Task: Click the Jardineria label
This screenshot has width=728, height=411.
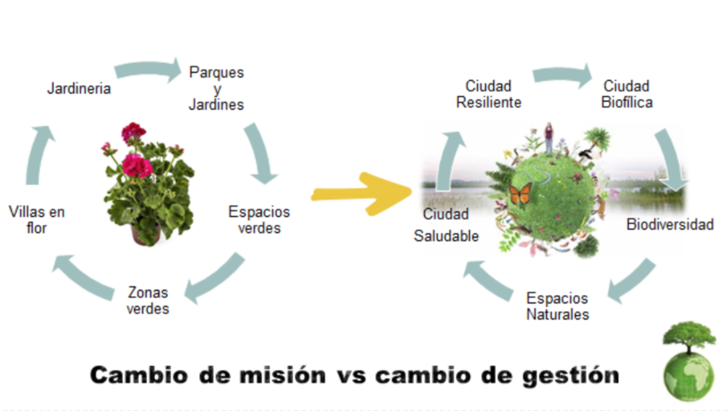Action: click(x=78, y=89)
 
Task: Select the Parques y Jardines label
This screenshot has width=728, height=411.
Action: click(x=216, y=88)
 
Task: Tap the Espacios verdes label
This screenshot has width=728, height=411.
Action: click(x=259, y=220)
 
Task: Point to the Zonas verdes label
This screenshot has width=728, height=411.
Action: click(x=147, y=300)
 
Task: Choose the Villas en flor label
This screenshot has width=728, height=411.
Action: click(x=37, y=220)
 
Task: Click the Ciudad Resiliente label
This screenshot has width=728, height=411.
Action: click(x=488, y=94)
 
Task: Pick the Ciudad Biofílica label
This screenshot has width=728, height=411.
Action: click(x=626, y=94)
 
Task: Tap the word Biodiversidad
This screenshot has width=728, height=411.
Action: click(x=670, y=225)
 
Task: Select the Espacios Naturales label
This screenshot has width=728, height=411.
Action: click(x=557, y=306)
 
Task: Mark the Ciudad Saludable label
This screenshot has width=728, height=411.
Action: click(x=446, y=226)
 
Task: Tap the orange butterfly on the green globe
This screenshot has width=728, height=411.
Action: click(x=520, y=196)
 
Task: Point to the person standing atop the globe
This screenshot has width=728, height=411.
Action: click(x=549, y=138)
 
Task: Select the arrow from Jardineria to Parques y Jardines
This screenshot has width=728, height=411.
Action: click(x=148, y=69)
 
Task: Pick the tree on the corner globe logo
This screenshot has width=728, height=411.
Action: click(x=689, y=335)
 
